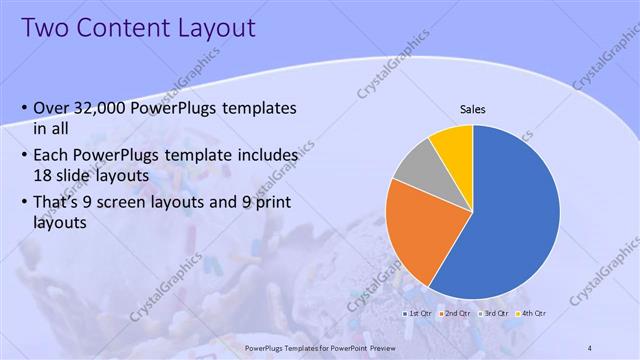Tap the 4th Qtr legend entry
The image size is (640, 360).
point(534,313)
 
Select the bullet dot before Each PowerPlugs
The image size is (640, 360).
point(23,155)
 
